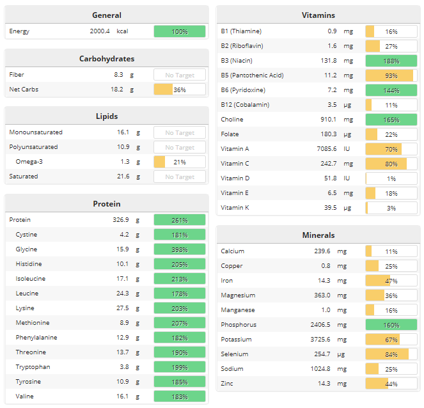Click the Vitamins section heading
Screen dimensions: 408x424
[318, 15]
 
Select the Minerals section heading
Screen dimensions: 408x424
[318, 235]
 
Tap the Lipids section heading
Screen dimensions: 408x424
[106, 116]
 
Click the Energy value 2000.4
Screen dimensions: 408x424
[100, 31]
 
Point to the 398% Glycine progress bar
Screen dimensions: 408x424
[180, 249]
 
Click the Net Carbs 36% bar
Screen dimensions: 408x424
[180, 90]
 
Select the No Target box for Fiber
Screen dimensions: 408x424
[180, 75]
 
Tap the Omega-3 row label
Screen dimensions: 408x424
[29, 162]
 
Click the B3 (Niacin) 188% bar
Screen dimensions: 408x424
[391, 61]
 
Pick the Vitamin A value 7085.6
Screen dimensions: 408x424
[323, 149]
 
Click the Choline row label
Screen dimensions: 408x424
[232, 120]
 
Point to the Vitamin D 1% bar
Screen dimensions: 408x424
[391, 178]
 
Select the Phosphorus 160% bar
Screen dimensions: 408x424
[391, 325]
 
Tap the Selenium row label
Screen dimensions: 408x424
[235, 354]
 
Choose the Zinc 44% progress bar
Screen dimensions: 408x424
[391, 384]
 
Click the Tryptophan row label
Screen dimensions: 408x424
[33, 367]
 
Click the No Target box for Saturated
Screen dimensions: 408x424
[180, 177]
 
